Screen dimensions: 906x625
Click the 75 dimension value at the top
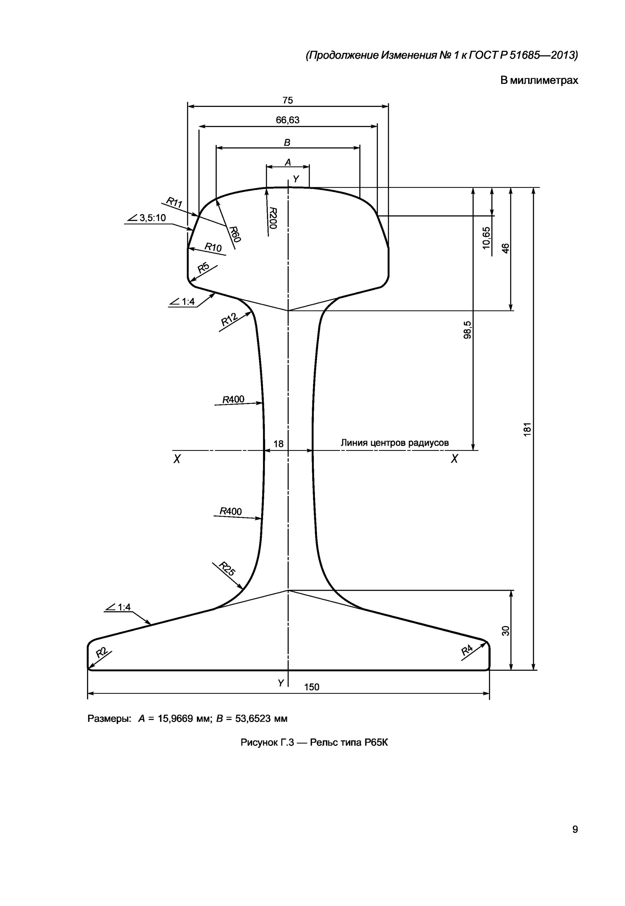287,100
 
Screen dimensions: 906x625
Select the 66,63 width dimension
287,120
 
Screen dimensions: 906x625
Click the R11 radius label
174,203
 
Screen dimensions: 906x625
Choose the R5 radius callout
203,268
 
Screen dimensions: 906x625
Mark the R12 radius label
229,319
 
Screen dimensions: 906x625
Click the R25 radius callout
227,568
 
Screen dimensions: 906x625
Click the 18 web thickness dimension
278,444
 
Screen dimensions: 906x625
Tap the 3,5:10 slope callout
153,218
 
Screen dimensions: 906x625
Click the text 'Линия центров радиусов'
394,443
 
